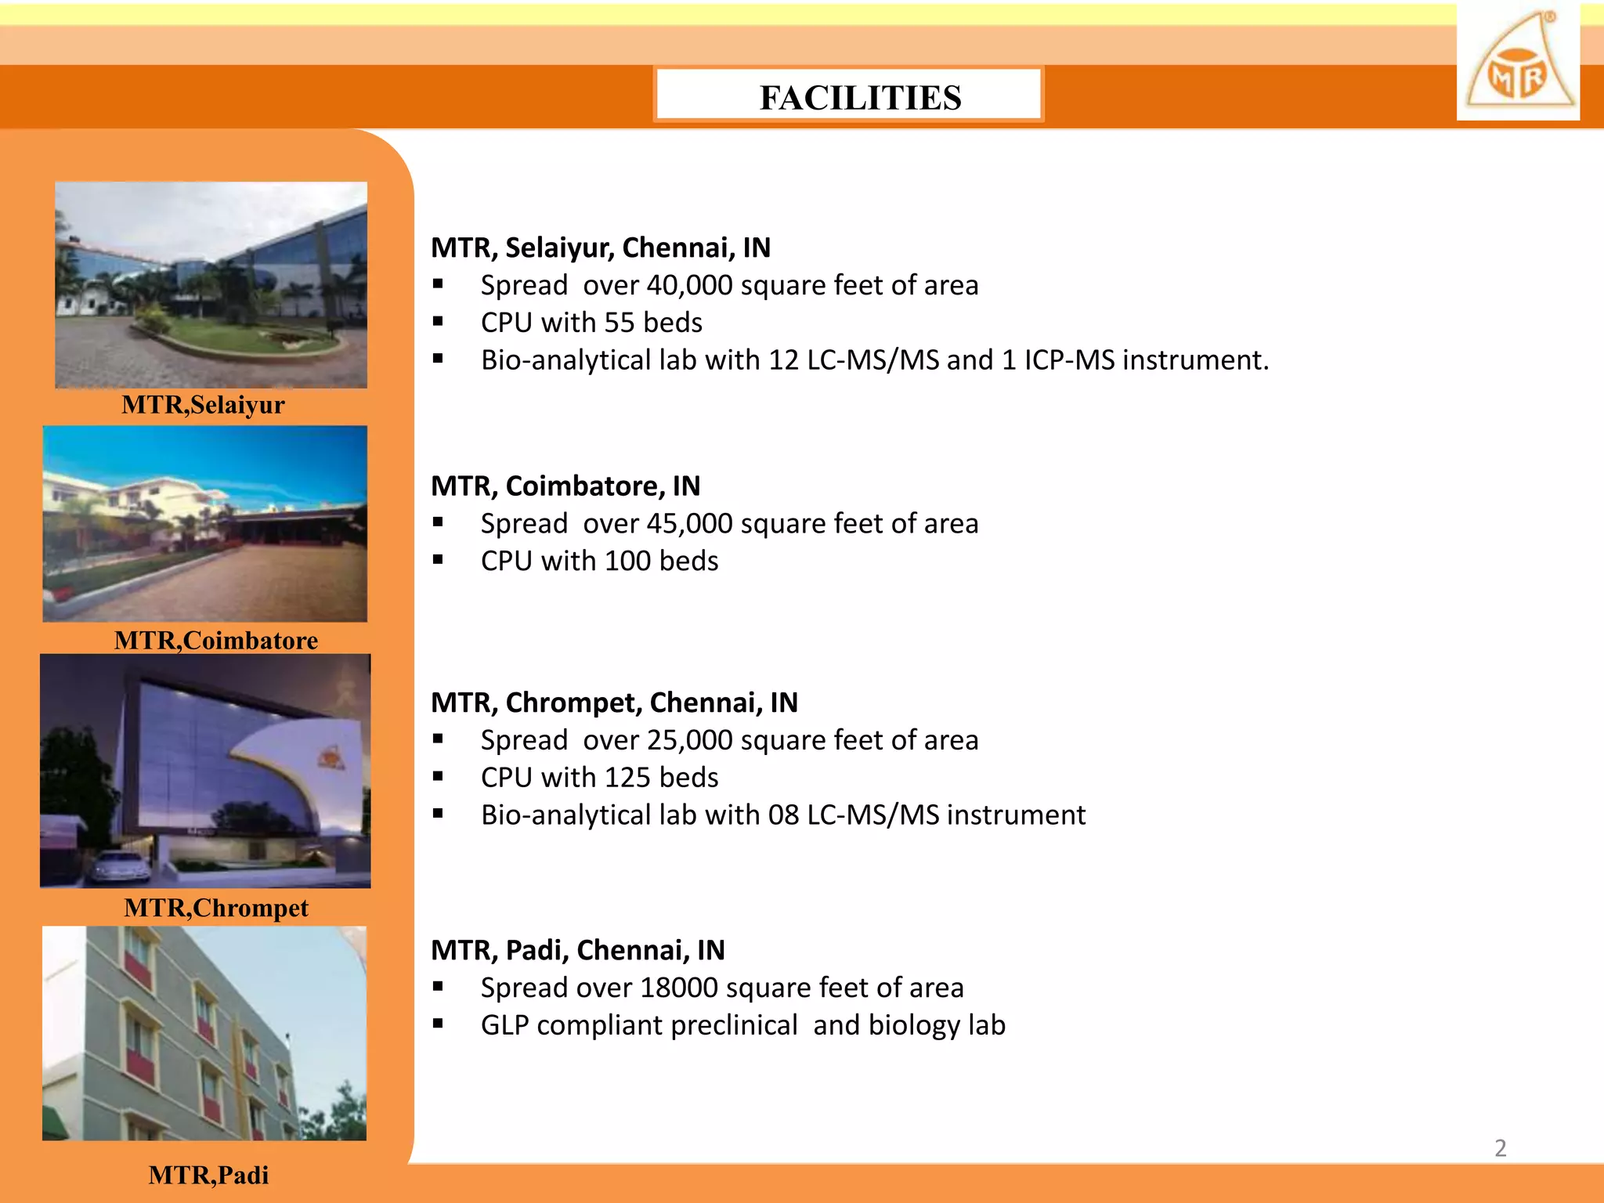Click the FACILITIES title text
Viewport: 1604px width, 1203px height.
tap(860, 98)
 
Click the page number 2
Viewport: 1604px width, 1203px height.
tap(1500, 1148)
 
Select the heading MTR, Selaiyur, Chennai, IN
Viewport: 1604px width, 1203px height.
tap(601, 247)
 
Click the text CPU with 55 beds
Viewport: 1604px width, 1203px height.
tap(591, 323)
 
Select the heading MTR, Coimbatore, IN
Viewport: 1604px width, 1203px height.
tap(565, 486)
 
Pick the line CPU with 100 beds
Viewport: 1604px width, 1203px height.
tap(599, 562)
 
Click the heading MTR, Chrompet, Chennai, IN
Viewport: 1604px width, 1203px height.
tap(614, 703)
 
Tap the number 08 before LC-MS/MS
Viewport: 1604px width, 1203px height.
tap(783, 815)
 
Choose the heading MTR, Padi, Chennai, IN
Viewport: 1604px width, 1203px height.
tap(578, 950)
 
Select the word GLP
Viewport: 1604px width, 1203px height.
tap(505, 1025)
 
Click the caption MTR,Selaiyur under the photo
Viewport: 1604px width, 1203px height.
tap(203, 405)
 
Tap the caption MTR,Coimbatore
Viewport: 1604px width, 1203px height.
tap(216, 641)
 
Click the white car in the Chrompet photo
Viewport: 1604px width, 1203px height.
tap(121, 868)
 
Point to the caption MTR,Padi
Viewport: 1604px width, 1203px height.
tap(208, 1175)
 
